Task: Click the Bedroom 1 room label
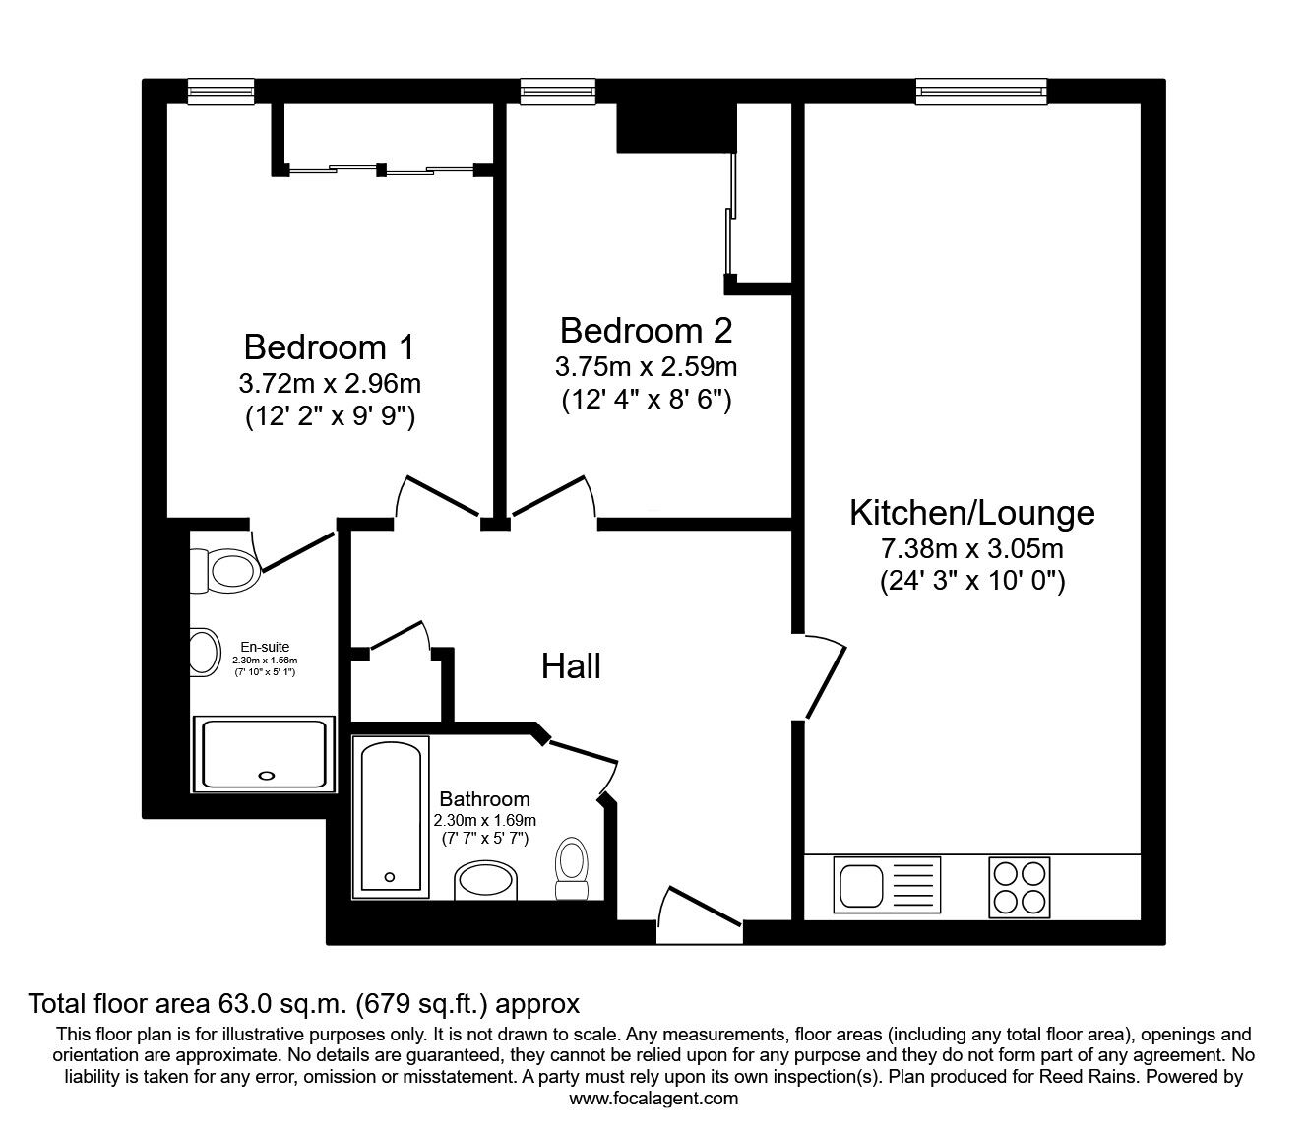[329, 347]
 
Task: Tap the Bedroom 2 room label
[647, 331]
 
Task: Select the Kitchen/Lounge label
[971, 513]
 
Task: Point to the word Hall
[571, 666]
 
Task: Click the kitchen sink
[887, 885]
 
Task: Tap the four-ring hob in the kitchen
[1020, 888]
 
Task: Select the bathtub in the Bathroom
[391, 817]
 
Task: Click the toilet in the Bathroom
[572, 868]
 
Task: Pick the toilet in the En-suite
[224, 571]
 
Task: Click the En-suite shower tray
[264, 755]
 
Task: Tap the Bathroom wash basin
[485, 880]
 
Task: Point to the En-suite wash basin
[205, 653]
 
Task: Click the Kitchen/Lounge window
[981, 92]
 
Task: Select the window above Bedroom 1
[221, 92]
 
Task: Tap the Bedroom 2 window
[558, 92]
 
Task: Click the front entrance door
[700, 915]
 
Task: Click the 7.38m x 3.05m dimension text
[972, 548]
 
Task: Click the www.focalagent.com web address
[653, 1099]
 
